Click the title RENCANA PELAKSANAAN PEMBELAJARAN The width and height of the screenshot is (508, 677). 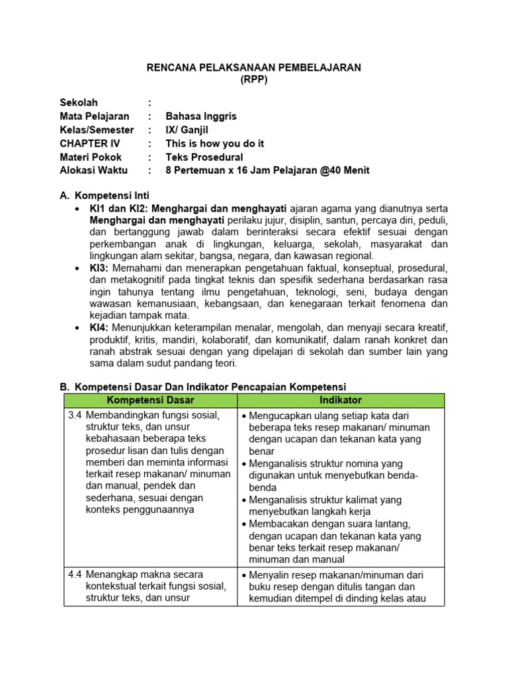pos(253,68)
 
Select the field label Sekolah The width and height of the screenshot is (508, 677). pos(79,102)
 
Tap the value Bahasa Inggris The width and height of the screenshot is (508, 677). pos(200,116)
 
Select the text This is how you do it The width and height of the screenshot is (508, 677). pos(214,143)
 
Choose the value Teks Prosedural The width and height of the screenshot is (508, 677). pos(204,157)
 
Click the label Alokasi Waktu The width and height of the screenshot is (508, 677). pos(95,171)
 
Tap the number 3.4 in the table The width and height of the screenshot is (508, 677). pos(75,415)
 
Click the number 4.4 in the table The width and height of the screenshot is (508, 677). pos(75,575)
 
